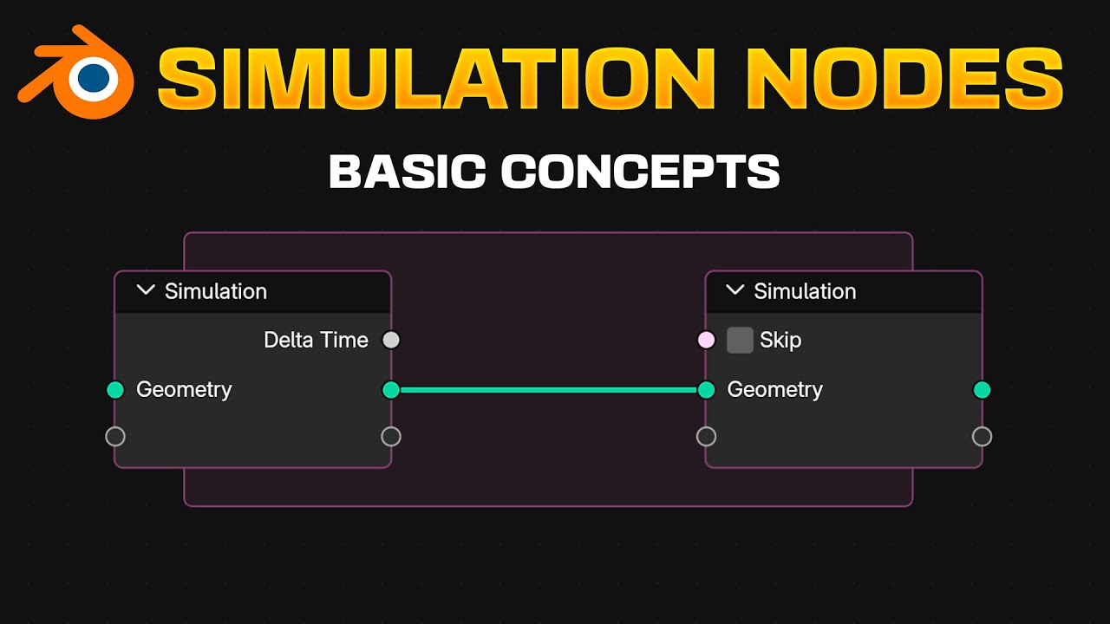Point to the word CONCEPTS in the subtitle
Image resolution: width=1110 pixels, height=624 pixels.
(640, 171)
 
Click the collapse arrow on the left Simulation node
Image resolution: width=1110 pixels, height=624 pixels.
(146, 290)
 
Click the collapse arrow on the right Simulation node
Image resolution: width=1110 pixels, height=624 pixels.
(735, 290)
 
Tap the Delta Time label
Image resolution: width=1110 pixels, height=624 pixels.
(316, 340)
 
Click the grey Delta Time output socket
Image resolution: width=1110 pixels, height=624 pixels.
(391, 340)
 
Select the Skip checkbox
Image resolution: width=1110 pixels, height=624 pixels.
(740, 340)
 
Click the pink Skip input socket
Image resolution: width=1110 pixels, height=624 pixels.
(706, 340)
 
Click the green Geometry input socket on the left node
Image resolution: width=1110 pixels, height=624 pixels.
(115, 390)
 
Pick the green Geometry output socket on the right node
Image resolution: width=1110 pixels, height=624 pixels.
(982, 390)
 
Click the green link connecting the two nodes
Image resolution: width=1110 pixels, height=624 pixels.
(548, 390)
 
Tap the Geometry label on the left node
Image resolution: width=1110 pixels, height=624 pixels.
(184, 390)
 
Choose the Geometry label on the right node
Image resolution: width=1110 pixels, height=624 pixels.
(774, 390)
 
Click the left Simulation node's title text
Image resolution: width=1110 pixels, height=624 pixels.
(216, 291)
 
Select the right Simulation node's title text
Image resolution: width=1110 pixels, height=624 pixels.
(805, 291)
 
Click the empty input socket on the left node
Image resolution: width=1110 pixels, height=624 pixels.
(115, 436)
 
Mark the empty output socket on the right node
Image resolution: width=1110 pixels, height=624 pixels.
(982, 436)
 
